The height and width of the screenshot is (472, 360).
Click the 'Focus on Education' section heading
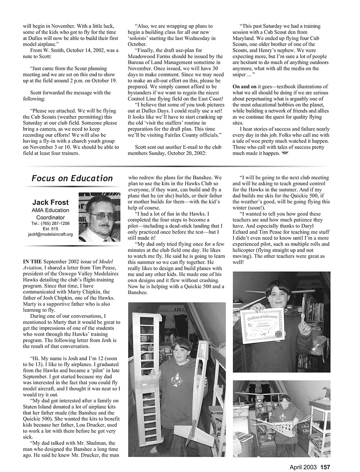[x=72, y=178]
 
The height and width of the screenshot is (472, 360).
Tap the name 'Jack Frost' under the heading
[x=50, y=202]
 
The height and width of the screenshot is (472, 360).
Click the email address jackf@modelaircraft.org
[x=50, y=234]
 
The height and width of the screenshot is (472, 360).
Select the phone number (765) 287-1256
[x=50, y=223]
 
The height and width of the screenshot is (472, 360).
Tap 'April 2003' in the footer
[x=303, y=467]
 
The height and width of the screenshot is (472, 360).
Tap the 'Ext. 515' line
[x=50, y=229]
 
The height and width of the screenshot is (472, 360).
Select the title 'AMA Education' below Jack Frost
[x=50, y=210]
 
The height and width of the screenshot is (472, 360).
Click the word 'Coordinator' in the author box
[x=50, y=217]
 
